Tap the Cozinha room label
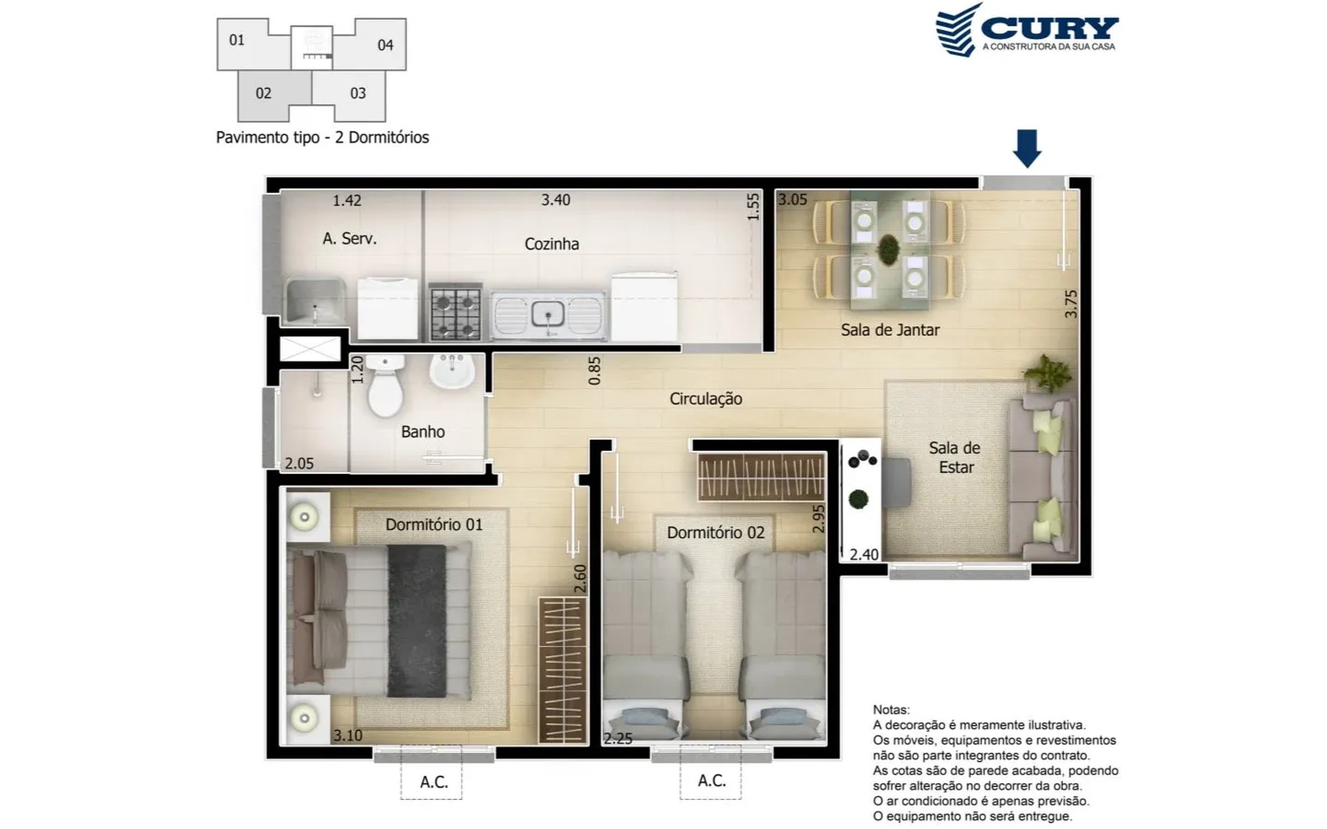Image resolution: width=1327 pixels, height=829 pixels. point(552,244)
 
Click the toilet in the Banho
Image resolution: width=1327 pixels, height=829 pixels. point(385,385)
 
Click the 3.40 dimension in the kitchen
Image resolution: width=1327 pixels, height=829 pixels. point(556,200)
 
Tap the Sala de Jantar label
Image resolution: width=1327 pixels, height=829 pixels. point(890,330)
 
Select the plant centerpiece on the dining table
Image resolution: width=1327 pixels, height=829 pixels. point(889,249)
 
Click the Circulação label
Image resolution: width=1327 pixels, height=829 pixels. point(706,399)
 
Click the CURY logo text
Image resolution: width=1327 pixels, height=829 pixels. point(1049,28)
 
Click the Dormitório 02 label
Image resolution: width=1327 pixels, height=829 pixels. point(715,533)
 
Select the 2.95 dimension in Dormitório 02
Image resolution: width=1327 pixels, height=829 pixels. point(819,519)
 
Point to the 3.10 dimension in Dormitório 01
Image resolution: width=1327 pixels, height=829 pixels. point(348,736)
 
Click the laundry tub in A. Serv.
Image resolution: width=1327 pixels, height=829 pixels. point(314,301)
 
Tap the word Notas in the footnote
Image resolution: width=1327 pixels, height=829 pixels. point(892,709)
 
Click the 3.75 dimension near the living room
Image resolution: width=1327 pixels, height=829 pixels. point(1071,304)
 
